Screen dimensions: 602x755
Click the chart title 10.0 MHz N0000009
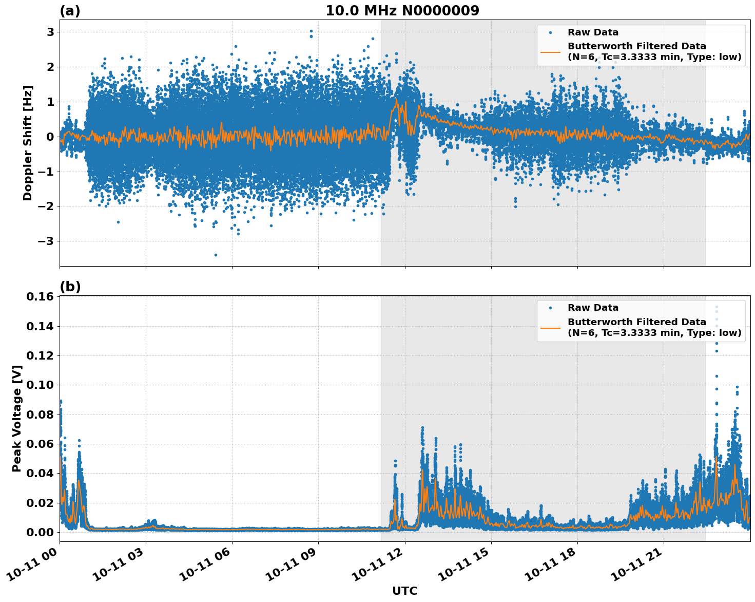[402, 11]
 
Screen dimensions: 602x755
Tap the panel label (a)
[70, 11]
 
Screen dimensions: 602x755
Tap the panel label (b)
[70, 287]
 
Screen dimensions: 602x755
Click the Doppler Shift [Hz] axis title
[28, 143]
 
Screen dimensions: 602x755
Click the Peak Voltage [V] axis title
[17, 419]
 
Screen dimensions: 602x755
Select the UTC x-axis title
[404, 591]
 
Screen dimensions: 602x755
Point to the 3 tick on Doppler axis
[50, 32]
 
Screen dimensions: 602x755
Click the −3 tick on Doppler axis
[47, 241]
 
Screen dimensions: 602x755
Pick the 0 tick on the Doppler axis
[50, 137]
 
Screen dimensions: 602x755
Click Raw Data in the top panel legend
[593, 32]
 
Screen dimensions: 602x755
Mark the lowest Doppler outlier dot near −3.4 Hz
[216, 255]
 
